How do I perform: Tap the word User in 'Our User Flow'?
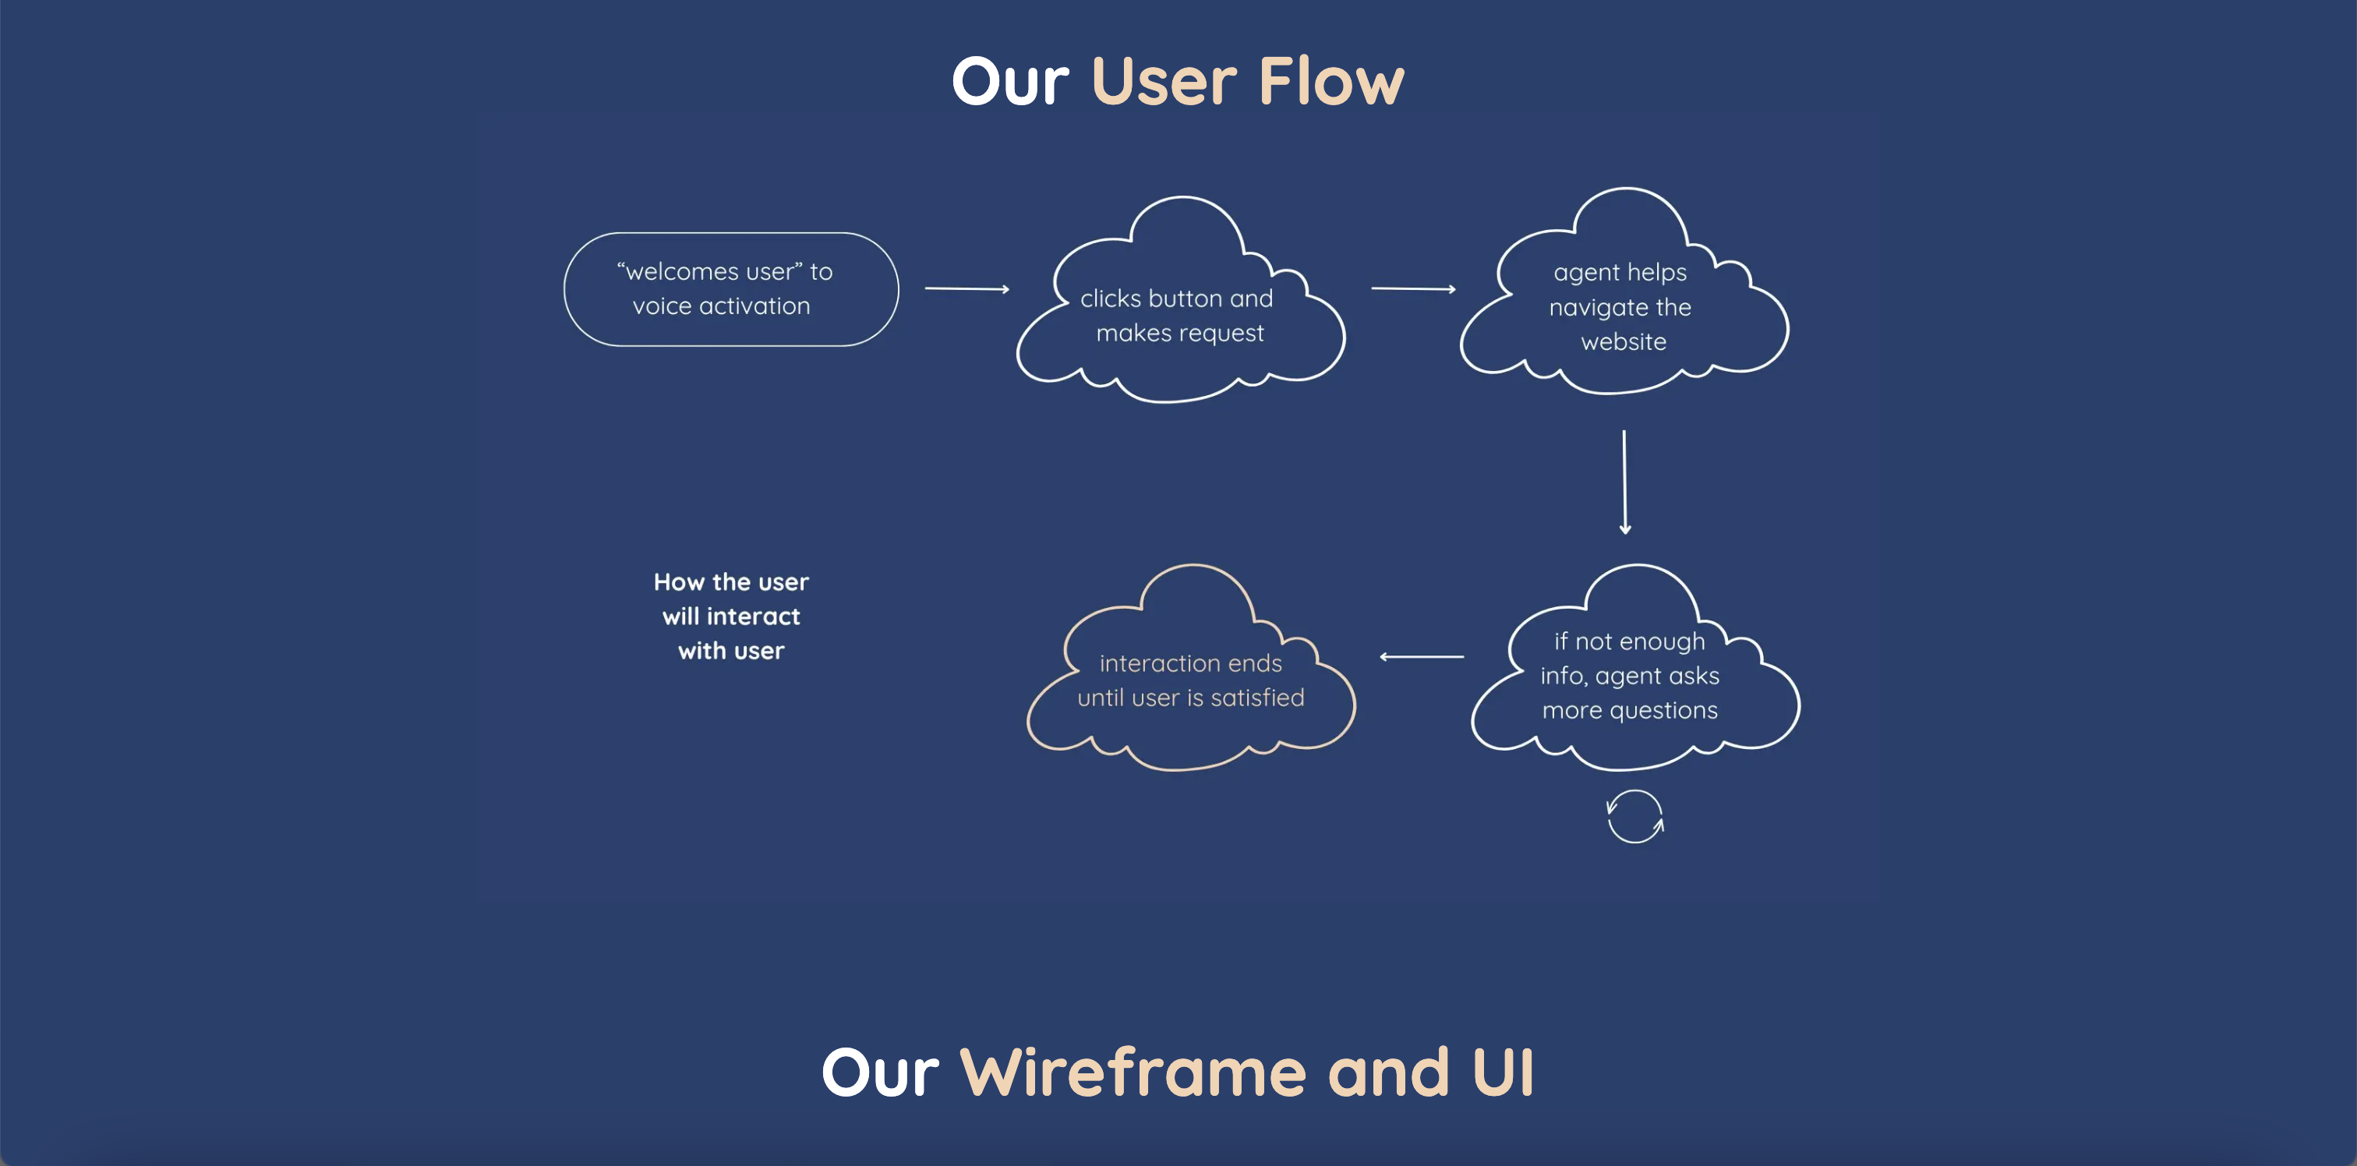click(1164, 83)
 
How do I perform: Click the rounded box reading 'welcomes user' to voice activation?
click(730, 289)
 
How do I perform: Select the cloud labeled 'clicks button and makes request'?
click(1179, 316)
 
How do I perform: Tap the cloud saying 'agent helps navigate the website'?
click(1621, 306)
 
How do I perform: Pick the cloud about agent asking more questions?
click(1631, 676)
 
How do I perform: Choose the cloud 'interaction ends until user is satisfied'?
click(1189, 680)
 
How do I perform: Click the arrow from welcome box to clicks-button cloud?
click(966, 289)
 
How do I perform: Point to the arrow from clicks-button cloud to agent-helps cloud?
click(1413, 289)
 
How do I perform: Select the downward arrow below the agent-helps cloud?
click(1624, 482)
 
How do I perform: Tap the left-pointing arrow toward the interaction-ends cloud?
click(1421, 656)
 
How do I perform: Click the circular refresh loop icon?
click(1635, 816)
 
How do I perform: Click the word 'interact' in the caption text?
click(752, 617)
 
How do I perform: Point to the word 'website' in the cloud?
click(1624, 342)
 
